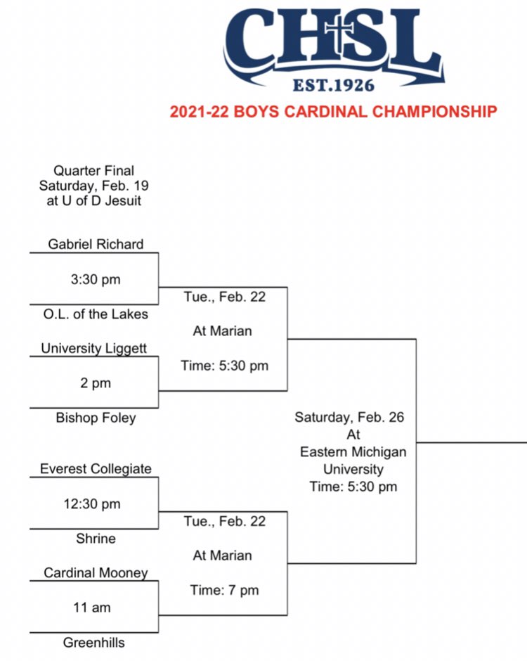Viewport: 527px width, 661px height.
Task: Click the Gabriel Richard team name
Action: click(x=96, y=244)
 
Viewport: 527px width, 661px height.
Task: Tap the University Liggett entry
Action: click(x=93, y=348)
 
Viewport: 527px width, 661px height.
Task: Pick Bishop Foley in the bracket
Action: click(x=96, y=418)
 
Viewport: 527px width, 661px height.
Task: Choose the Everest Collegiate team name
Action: click(x=96, y=469)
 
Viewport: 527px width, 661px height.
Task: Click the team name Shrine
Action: click(x=96, y=539)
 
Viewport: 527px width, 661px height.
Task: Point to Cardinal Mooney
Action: click(x=96, y=573)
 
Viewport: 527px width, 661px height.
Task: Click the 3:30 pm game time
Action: click(x=96, y=279)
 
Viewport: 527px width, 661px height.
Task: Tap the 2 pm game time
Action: click(x=96, y=383)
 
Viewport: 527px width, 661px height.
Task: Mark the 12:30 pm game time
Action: click(x=96, y=504)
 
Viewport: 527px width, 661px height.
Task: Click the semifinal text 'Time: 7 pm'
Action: click(x=224, y=591)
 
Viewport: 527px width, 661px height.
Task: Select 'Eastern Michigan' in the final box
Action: click(x=353, y=451)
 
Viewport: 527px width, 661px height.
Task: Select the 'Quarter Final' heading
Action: click(x=93, y=170)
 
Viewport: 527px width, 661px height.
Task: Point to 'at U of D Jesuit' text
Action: click(x=93, y=202)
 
